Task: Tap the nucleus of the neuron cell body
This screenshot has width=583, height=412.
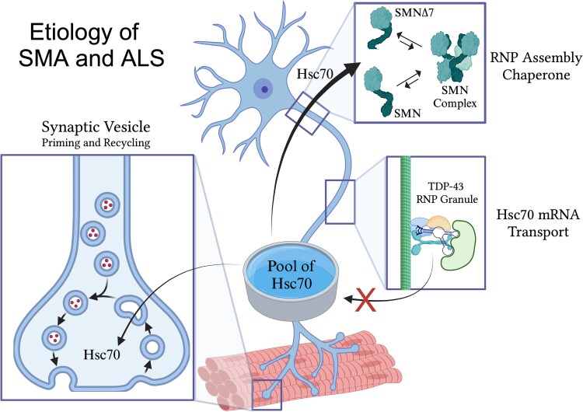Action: tap(264, 89)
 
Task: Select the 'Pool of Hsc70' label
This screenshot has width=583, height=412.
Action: tap(291, 274)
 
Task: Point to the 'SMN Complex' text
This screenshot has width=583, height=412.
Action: tap(455, 96)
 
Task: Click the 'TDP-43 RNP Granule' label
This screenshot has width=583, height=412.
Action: tap(447, 192)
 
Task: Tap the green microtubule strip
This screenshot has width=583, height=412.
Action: tap(405, 222)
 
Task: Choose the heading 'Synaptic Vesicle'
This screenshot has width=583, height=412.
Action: tap(96, 127)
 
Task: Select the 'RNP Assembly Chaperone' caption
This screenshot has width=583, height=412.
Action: tap(536, 66)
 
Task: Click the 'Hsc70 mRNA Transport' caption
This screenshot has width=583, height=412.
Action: tap(538, 223)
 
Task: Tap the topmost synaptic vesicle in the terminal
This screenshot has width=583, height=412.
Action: tap(108, 204)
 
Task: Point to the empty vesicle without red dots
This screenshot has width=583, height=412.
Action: tap(152, 347)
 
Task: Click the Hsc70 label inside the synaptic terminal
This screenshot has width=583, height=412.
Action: tap(102, 354)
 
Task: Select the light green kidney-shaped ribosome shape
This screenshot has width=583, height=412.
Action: tap(458, 245)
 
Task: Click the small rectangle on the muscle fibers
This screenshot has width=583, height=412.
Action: tap(267, 395)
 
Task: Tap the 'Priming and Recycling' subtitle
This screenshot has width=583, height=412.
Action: tap(96, 143)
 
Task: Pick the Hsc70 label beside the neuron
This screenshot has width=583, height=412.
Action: tap(315, 75)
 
